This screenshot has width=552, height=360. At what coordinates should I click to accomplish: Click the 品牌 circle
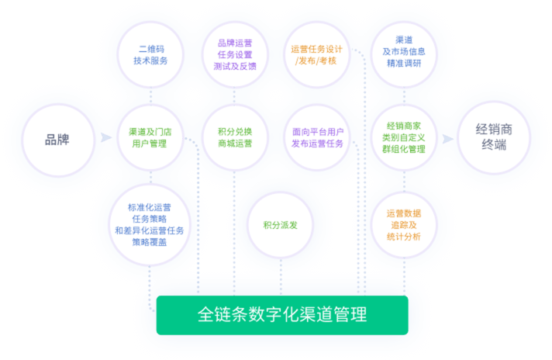(57, 140)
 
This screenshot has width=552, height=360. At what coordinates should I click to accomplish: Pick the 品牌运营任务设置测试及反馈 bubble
(234, 54)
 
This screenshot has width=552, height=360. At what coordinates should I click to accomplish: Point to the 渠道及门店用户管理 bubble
(150, 137)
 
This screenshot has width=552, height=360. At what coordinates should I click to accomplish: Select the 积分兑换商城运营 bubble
(234, 137)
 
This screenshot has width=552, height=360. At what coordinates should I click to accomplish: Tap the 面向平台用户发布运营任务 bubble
(318, 137)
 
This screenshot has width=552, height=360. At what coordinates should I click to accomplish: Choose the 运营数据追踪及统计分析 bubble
(403, 224)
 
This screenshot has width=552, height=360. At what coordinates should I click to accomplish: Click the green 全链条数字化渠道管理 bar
(282, 315)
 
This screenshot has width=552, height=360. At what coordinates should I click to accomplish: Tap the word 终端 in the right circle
(494, 145)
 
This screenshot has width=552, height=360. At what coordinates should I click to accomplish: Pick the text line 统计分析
(403, 237)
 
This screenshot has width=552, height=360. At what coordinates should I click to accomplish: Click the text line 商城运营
(234, 144)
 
